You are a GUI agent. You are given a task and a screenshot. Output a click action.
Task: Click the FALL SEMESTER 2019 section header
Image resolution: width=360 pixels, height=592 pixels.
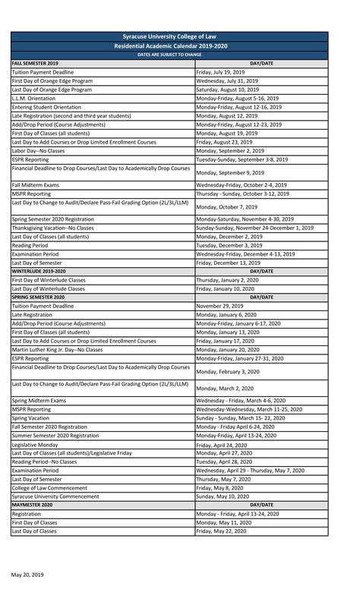click(x=36, y=63)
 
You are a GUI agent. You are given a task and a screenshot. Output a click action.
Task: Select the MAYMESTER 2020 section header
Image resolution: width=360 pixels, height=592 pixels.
click(x=33, y=505)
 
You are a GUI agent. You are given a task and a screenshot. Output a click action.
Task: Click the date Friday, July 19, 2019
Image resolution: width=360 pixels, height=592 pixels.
click(x=226, y=71)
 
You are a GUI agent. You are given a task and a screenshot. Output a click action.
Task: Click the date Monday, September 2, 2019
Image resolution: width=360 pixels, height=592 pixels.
click(x=235, y=151)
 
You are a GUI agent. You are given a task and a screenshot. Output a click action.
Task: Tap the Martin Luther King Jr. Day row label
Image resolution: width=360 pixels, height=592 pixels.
click(x=58, y=350)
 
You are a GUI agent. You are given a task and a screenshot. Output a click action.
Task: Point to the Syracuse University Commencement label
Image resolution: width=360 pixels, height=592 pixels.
click(x=59, y=496)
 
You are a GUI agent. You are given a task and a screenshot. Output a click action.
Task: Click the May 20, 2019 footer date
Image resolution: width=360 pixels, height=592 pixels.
click(x=27, y=575)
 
